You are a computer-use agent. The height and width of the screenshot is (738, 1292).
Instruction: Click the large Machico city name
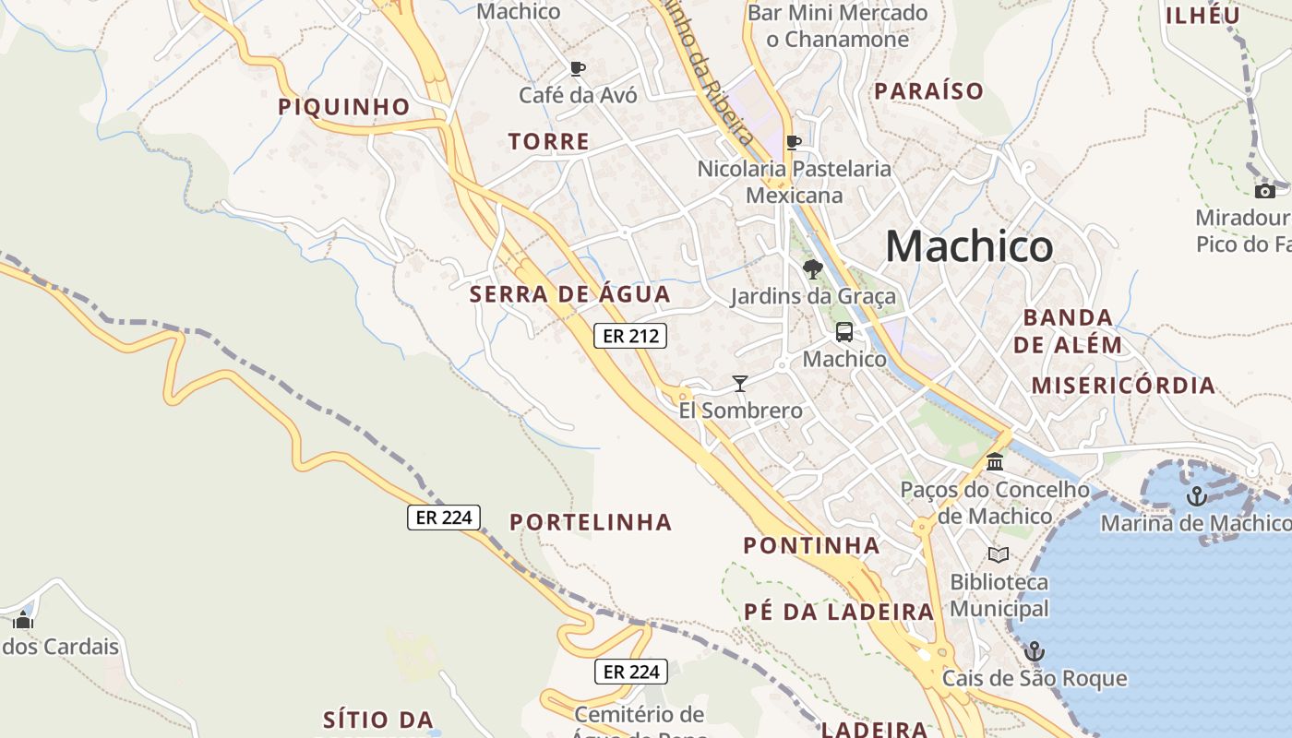tap(969, 246)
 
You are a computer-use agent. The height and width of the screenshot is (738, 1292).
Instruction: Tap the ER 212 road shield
tap(630, 336)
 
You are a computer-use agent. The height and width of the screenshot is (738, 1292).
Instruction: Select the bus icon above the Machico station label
tap(844, 333)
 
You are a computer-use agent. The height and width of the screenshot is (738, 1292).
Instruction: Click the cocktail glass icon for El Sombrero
tap(739, 383)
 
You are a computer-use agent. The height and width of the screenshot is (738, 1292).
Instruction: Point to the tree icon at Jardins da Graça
tap(812, 269)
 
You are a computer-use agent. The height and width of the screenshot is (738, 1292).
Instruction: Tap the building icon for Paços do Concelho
tap(995, 462)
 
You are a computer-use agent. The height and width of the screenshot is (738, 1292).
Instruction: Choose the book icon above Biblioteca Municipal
tap(999, 554)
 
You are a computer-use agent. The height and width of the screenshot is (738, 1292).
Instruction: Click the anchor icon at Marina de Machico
tap(1196, 496)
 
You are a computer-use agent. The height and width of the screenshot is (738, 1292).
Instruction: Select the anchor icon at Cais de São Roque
tap(1035, 651)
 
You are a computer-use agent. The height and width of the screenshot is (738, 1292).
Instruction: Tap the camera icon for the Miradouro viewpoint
tap(1264, 191)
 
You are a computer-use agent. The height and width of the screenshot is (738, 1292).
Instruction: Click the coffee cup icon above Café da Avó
tap(578, 68)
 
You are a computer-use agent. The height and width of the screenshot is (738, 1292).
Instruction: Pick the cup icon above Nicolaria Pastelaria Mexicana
tap(793, 142)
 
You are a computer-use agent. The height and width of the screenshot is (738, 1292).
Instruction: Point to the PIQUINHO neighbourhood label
tap(344, 107)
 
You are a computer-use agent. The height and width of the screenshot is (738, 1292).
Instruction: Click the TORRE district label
tap(548, 142)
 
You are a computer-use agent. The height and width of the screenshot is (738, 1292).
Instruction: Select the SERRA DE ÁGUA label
tap(569, 295)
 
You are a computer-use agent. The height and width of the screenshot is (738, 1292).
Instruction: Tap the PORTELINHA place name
tap(591, 523)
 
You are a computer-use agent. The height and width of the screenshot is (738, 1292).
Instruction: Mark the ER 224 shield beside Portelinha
tap(445, 518)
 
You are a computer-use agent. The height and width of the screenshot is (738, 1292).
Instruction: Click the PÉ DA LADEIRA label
tap(839, 612)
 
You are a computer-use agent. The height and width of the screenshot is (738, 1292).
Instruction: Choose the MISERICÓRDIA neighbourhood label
tap(1123, 386)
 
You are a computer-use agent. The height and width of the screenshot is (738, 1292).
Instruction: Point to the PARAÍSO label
tap(928, 91)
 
